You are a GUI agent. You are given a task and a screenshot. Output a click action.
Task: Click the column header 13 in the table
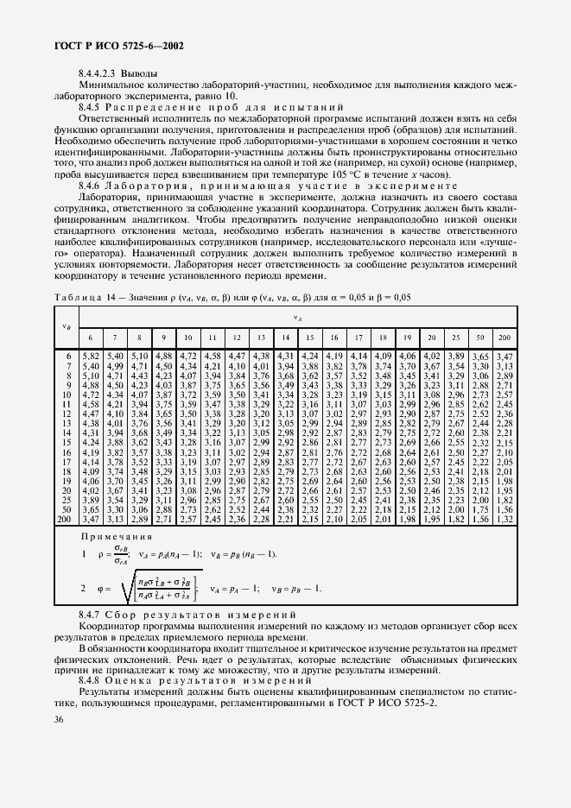260,336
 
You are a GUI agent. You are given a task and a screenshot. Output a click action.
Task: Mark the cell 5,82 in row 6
91,356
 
